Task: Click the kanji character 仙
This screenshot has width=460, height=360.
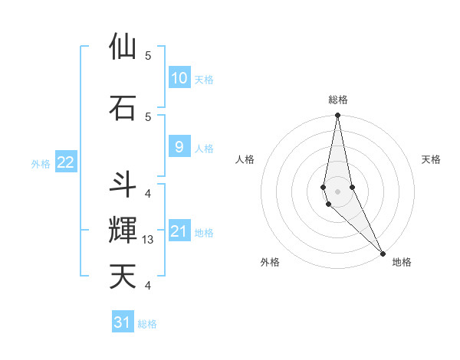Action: point(123,47)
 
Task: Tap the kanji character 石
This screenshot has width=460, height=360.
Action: point(123,107)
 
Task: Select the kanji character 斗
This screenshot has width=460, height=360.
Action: point(123,184)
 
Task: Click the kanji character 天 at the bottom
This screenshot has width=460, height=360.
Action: point(123,277)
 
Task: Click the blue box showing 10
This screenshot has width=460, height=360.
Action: point(179,78)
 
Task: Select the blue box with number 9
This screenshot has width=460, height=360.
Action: point(179,147)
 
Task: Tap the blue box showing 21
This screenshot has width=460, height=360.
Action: point(179,231)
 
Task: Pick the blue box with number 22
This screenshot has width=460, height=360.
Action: point(66,162)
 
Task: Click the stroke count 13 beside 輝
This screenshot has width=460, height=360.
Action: point(149,240)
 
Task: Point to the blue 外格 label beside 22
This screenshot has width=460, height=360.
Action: point(41,163)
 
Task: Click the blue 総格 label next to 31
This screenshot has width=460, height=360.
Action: point(147,324)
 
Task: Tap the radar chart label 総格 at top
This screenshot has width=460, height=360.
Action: point(338,100)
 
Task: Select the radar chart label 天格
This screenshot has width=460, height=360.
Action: point(432,159)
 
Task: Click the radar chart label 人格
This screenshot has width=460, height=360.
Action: point(245,159)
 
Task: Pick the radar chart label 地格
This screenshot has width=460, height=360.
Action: point(402,262)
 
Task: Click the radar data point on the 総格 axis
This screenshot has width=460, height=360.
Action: point(338,116)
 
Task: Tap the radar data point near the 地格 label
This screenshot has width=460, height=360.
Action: point(383,253)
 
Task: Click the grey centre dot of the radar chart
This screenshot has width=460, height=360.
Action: point(338,191)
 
